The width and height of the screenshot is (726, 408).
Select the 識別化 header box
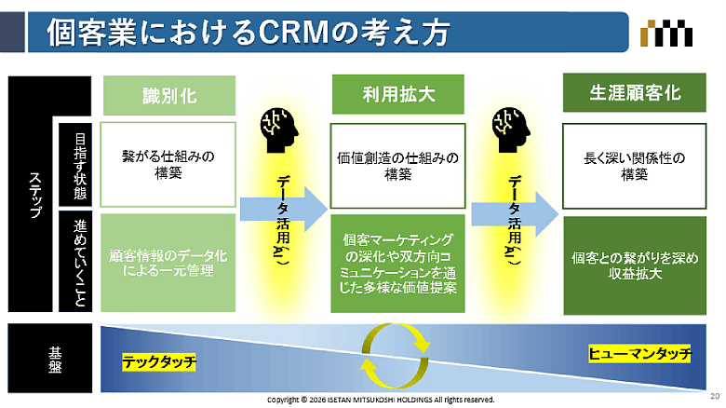coord(168,94)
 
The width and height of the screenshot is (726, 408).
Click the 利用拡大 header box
coord(385,94)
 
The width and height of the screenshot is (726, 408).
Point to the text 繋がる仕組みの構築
coord(168,165)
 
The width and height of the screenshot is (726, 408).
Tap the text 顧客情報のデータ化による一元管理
coord(168,262)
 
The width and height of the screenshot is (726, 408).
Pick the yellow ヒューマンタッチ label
coord(640,353)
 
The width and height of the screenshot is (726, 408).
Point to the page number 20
coord(713,395)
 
